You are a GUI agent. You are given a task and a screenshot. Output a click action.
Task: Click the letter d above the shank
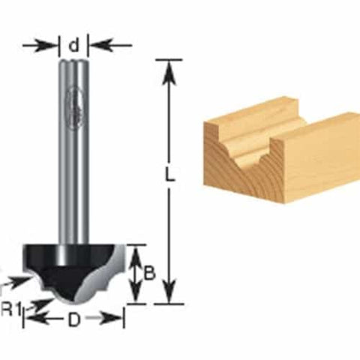[73, 46]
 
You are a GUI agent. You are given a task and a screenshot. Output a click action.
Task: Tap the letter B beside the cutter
[148, 274]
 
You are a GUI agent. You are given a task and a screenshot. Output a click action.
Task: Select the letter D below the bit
[73, 319]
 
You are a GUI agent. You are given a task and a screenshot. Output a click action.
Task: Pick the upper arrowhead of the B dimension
[134, 253]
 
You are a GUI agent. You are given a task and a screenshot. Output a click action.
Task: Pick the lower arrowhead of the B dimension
[134, 295]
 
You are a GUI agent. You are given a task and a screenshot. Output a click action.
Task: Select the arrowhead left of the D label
[31, 319]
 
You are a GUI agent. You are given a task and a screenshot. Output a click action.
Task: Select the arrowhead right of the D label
[115, 319]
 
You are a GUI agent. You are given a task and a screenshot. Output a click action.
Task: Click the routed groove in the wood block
[251, 146]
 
